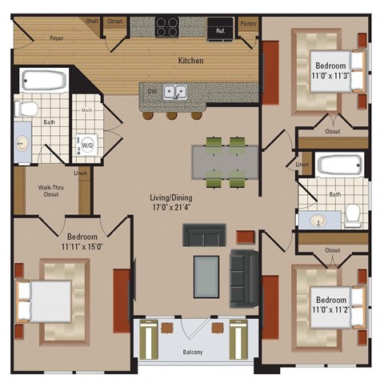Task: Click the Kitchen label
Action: click(190, 61)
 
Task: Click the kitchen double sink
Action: click(175, 92)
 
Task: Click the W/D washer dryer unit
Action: click(86, 145)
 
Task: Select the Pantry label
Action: click(248, 24)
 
